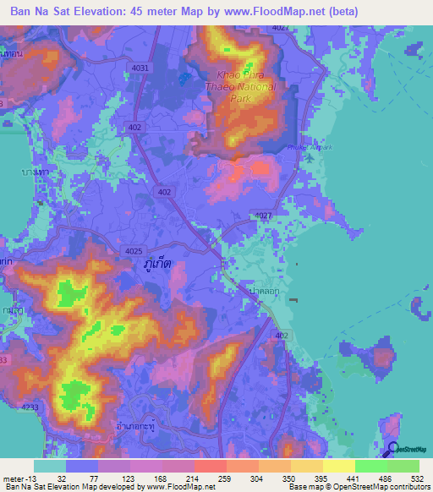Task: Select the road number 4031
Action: (x=141, y=68)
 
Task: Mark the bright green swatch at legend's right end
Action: (x=403, y=466)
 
